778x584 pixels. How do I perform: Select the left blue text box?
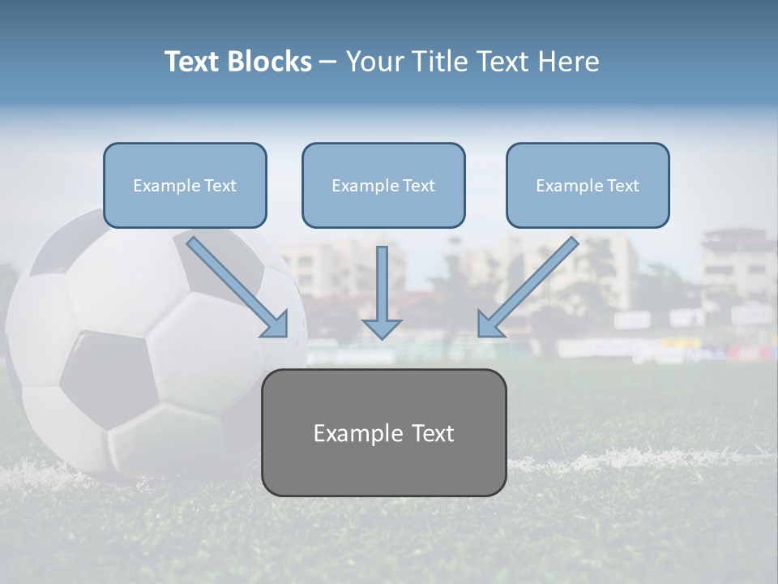[185, 185]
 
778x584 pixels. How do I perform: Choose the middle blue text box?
[383, 185]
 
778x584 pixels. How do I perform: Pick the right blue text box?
[588, 185]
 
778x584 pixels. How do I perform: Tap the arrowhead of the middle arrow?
[382, 328]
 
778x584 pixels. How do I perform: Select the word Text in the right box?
[622, 186]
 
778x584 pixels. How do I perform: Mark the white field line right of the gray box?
[640, 459]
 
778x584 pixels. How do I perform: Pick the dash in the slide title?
[328, 62]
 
